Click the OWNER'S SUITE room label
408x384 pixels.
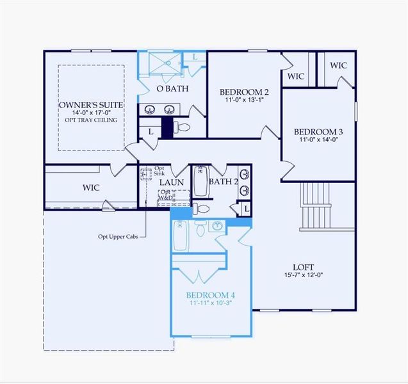point(90,104)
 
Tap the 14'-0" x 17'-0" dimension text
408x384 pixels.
point(90,113)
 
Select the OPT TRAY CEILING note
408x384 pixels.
point(90,120)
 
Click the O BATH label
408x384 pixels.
point(172,89)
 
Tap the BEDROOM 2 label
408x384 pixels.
point(244,92)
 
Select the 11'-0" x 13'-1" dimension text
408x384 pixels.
point(244,100)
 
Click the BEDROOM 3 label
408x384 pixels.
point(318,131)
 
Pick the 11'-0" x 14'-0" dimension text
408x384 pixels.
point(318,139)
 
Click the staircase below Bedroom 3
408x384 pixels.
point(316,205)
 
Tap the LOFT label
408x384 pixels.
point(303,267)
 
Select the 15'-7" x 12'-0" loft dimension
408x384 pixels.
point(303,275)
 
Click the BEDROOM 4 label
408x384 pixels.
point(211,295)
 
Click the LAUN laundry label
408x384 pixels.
point(172,182)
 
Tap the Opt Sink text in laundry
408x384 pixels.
point(161,172)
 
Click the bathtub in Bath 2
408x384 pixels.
point(200,182)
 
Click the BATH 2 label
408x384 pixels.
point(224,182)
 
